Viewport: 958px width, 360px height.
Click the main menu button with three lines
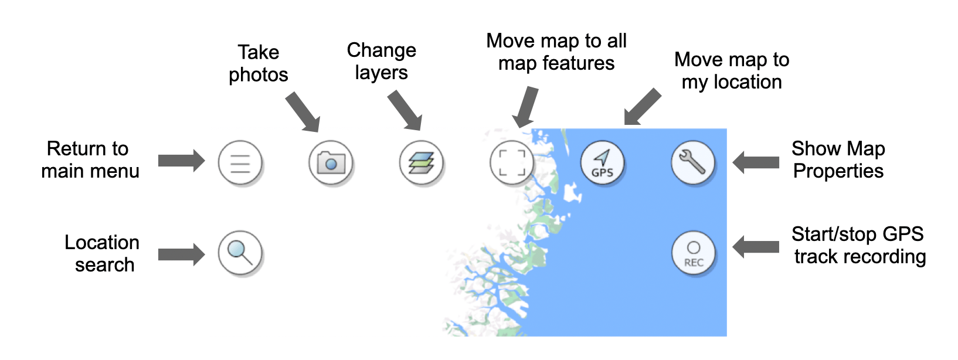[x=240, y=162]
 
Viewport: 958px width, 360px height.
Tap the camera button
[x=331, y=162]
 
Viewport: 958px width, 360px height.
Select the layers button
[x=421, y=162]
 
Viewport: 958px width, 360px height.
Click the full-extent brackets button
[x=511, y=162]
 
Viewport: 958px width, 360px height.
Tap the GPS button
[x=602, y=162]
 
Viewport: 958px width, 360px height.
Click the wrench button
[x=692, y=162]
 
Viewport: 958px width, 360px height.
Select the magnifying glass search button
[x=240, y=253]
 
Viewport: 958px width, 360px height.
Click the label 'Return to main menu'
[x=89, y=159]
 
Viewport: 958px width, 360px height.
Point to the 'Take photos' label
[x=259, y=63]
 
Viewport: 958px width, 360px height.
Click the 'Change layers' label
[x=382, y=61]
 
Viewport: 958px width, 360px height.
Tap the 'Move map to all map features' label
[x=556, y=52]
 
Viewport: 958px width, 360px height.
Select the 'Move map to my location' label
[x=732, y=70]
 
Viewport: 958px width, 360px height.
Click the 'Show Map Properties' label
[x=838, y=159]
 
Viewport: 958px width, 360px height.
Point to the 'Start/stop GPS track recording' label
[x=859, y=245]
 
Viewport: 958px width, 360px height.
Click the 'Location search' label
[x=102, y=253]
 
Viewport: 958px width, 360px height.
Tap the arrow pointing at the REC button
[x=755, y=247]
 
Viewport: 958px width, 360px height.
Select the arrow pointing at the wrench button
[x=755, y=162]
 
